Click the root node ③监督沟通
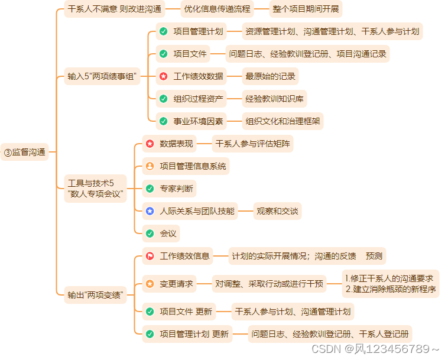(x=25, y=152)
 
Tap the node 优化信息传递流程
(x=217, y=9)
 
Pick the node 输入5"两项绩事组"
(x=102, y=76)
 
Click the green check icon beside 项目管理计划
(x=163, y=31)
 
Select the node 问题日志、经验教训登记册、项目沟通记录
(x=308, y=54)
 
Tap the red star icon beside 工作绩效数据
(x=163, y=76)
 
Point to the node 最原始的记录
(x=271, y=76)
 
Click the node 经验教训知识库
(x=275, y=99)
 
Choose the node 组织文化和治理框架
(x=283, y=121)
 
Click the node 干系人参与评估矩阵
(x=252, y=143)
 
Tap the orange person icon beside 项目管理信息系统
(x=150, y=166)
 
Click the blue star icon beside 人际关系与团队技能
(x=150, y=211)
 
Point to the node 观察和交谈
(x=277, y=211)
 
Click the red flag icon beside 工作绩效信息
(x=150, y=256)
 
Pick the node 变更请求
(x=176, y=284)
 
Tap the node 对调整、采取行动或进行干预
(x=270, y=284)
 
